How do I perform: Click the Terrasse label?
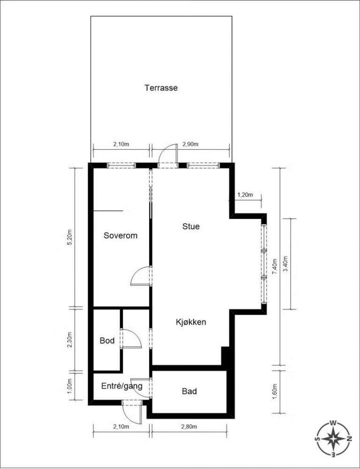point(161,88)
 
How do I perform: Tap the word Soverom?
point(120,236)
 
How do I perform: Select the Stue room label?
point(191,227)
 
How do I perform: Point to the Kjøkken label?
point(191,322)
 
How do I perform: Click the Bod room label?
point(107,340)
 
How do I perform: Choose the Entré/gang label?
point(122,386)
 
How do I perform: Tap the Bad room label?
point(189,391)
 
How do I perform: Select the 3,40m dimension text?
point(285,264)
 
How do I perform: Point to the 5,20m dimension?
point(70,238)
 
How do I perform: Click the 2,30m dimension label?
point(70,340)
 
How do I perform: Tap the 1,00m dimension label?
point(70,386)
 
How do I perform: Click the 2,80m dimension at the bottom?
point(189,427)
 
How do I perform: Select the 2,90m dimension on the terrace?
point(190,144)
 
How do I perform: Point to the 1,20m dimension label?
point(245,195)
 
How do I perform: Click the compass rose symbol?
point(333,439)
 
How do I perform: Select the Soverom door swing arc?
point(136,271)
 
